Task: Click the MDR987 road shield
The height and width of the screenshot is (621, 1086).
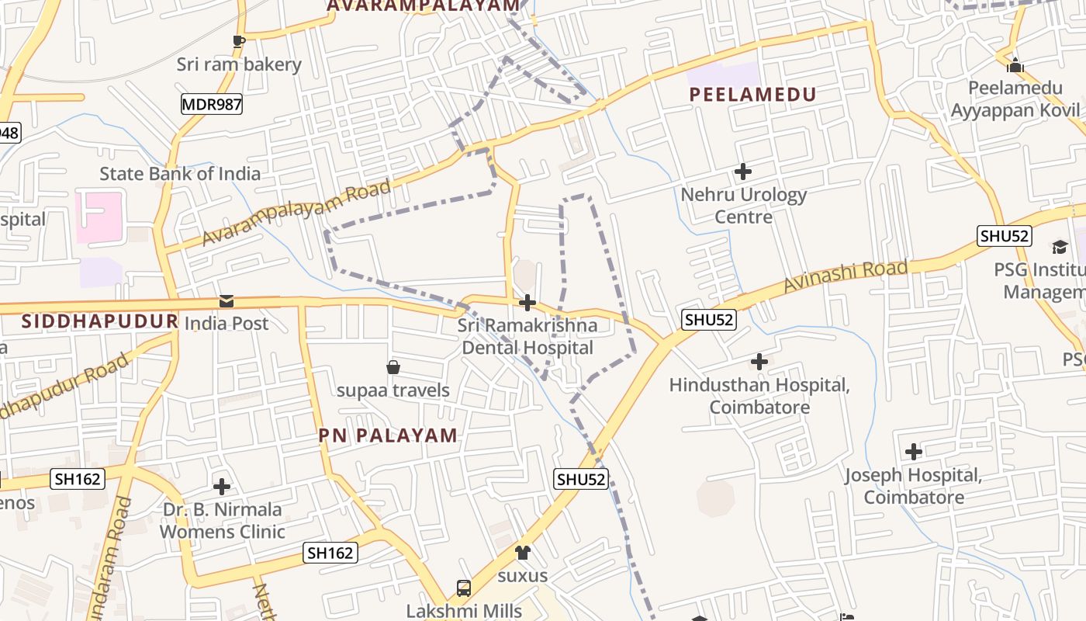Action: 212,104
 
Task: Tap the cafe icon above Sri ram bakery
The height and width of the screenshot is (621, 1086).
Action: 238,41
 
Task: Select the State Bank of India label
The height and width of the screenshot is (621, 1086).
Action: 180,173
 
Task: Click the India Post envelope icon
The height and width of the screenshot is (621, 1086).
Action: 226,300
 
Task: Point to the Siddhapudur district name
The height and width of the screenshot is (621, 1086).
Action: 99,321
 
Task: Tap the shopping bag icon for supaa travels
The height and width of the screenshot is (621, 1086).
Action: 393,367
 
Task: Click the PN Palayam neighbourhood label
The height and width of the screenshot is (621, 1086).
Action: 388,435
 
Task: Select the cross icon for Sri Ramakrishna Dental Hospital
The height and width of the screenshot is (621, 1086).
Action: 527,302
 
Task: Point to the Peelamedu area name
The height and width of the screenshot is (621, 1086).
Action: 752,95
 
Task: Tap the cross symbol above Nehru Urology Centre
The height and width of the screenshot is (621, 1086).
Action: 743,172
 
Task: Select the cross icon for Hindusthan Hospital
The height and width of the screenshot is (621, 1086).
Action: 759,362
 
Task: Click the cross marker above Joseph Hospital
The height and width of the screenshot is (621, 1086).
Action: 914,452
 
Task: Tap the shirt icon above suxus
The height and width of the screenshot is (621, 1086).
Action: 523,553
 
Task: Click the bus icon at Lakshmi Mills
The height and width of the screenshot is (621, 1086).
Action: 464,588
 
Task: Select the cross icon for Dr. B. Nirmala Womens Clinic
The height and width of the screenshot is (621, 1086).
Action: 222,487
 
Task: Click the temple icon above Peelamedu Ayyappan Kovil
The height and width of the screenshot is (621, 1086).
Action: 1015,65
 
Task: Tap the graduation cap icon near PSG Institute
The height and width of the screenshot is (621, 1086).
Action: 1060,247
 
